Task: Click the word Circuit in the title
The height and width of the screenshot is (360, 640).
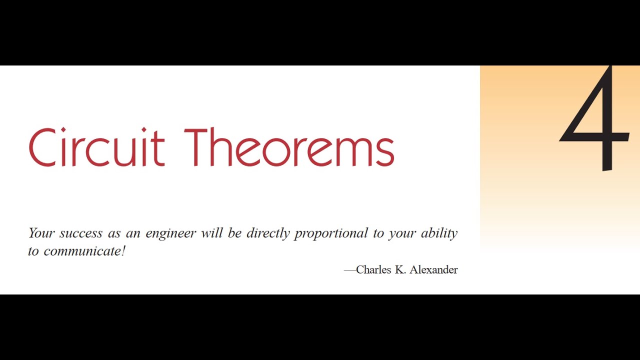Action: [96, 147]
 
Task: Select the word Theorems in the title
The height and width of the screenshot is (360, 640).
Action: [289, 147]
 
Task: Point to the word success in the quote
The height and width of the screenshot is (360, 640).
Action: [80, 233]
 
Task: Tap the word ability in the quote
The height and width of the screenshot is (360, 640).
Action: [439, 233]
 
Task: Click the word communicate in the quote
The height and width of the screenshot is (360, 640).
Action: [82, 251]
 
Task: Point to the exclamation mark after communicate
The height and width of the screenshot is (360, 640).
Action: [123, 250]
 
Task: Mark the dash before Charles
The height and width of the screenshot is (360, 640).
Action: [349, 270]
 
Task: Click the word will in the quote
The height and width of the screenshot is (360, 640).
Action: [211, 233]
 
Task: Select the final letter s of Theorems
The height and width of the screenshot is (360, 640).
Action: [386, 152]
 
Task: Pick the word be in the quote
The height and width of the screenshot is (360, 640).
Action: [234, 233]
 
